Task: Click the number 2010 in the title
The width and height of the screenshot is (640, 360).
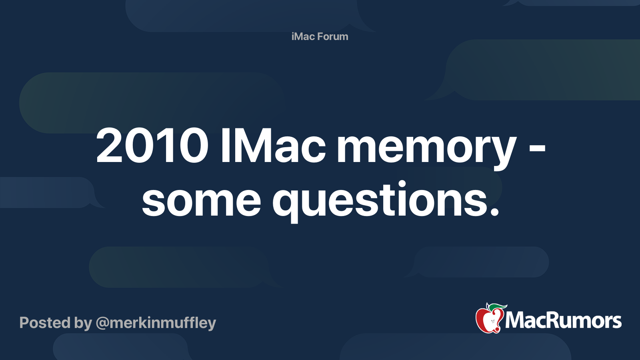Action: (152, 146)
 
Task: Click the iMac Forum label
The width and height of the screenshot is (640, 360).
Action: (320, 36)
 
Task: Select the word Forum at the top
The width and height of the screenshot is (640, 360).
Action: (333, 36)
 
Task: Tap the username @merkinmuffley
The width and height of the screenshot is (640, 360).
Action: (156, 323)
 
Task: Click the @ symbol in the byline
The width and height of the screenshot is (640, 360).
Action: (102, 323)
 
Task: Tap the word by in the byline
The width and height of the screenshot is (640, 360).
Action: (83, 323)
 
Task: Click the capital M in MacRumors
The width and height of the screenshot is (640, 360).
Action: (516, 321)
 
